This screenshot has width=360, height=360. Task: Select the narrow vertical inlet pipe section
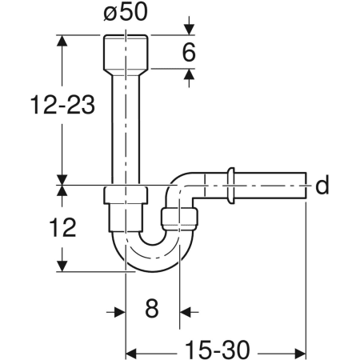(126, 128)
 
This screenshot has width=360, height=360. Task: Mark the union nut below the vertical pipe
(126, 195)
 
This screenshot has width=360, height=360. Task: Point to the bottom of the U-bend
(153, 262)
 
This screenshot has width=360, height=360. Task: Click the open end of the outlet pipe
(304, 186)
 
